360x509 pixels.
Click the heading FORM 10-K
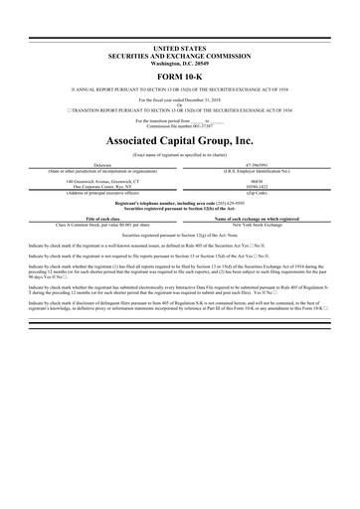pyautogui.click(x=180, y=74)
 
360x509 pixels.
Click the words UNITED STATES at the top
pyautogui.click(x=180, y=47)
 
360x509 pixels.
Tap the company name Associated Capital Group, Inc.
pyautogui.click(x=180, y=141)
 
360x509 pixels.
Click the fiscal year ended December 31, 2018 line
pyautogui.click(x=180, y=101)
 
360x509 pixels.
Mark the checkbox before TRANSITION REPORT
pyautogui.click(x=36, y=111)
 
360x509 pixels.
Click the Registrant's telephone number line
pyautogui.click(x=180, y=203)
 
